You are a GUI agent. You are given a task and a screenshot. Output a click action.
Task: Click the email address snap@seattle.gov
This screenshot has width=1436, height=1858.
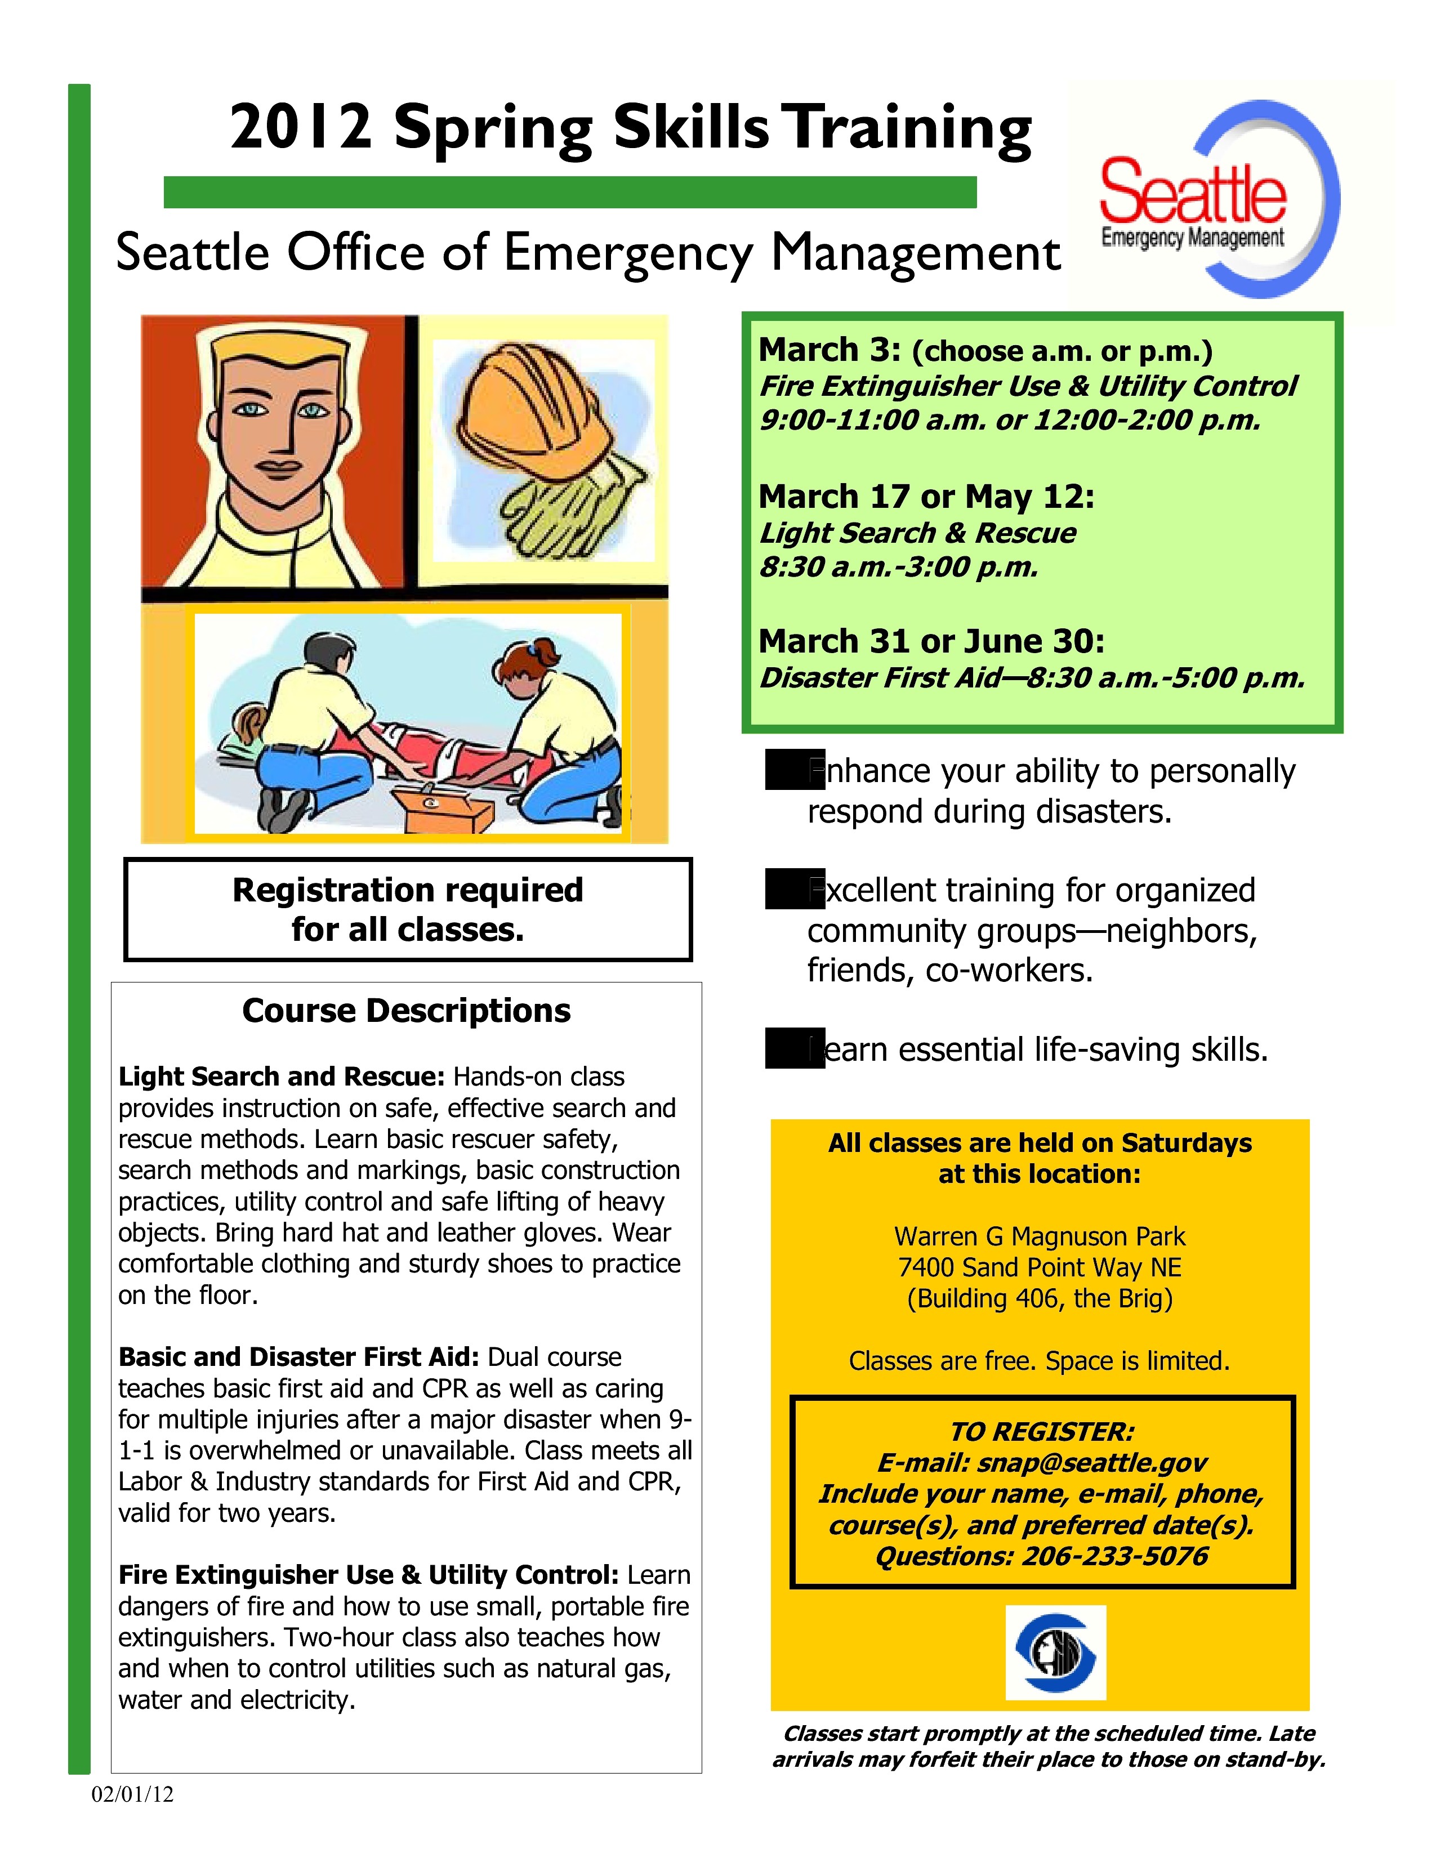1091,1462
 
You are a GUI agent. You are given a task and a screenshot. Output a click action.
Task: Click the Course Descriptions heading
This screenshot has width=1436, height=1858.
406,1011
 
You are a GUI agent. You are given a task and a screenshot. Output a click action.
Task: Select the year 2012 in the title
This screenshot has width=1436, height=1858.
300,128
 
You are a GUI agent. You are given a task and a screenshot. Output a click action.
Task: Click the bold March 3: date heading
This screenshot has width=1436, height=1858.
830,350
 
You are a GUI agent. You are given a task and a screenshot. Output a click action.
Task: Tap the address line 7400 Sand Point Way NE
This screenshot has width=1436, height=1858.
1040,1267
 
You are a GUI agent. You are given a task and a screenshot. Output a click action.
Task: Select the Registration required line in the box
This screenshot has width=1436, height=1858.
408,890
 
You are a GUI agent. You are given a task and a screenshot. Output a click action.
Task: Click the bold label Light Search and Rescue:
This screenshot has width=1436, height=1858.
282,1077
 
